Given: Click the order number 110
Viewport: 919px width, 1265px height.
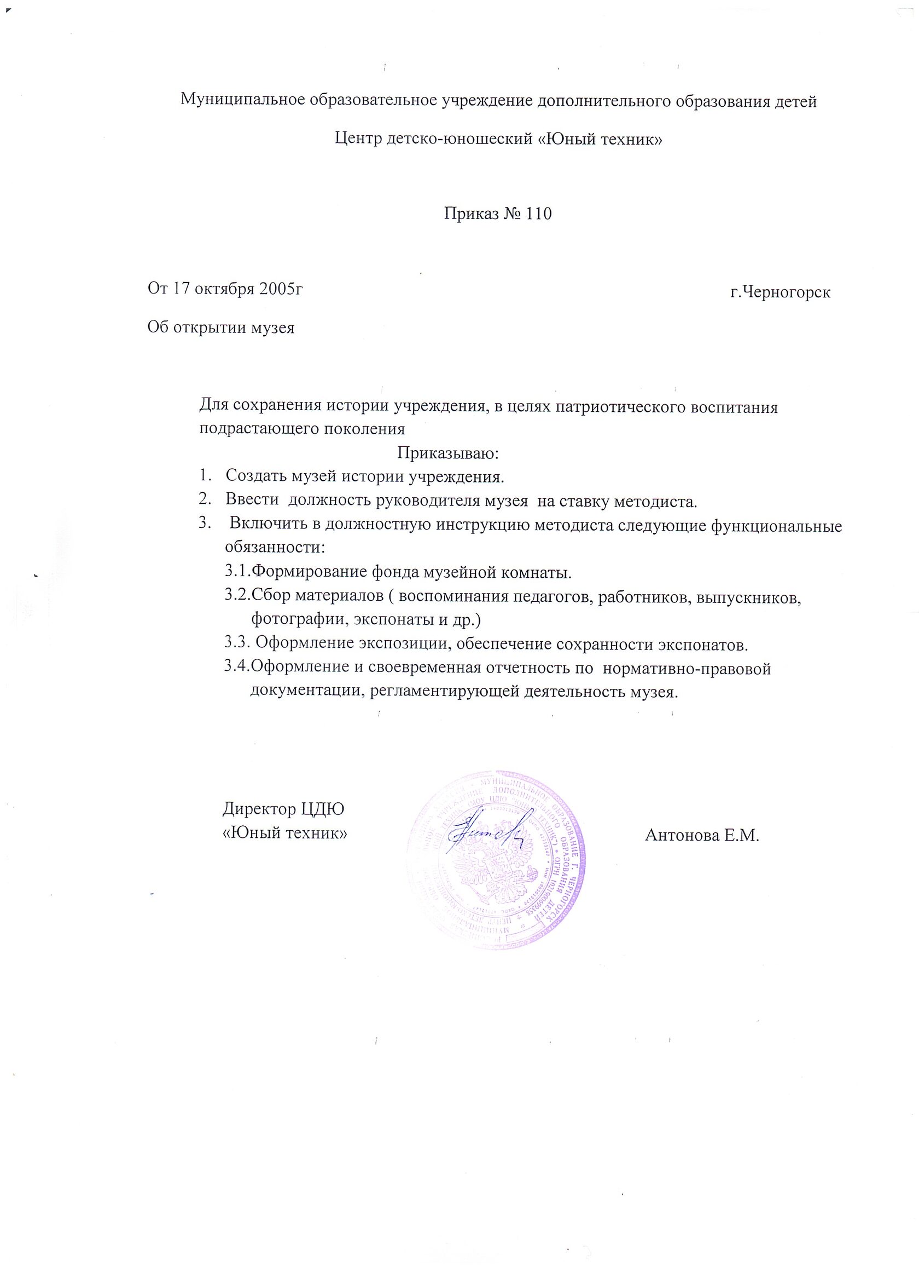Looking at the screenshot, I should click(537, 214).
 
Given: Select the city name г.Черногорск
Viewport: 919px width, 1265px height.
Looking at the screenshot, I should click(780, 292).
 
